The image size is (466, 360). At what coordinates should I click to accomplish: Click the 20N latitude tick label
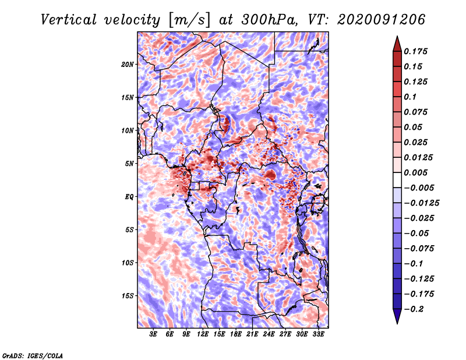click(x=128, y=64)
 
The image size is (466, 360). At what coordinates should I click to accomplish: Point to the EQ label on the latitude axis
click(x=129, y=197)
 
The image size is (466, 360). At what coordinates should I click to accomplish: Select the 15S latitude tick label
click(x=128, y=296)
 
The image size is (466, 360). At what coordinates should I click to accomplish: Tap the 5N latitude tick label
click(x=129, y=164)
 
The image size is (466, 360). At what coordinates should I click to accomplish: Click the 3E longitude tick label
click(x=154, y=335)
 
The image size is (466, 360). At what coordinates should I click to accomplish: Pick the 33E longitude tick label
click(x=319, y=335)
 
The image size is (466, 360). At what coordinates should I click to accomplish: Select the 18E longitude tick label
click(x=236, y=335)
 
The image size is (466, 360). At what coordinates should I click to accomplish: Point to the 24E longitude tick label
click(x=269, y=335)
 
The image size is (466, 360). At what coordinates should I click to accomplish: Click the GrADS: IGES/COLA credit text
click(x=32, y=355)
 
